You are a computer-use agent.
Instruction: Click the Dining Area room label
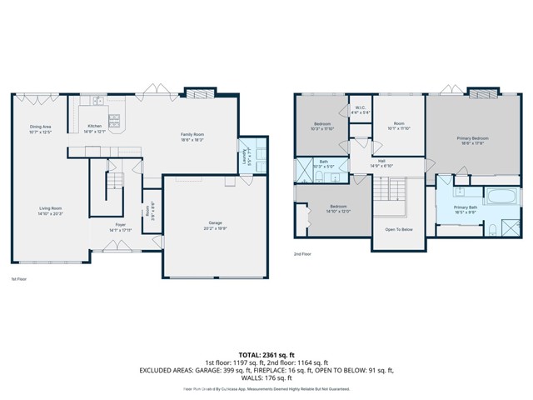(x=41, y=129)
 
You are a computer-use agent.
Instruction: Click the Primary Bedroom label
(x=472, y=140)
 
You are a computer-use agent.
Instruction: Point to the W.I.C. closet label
(x=360, y=109)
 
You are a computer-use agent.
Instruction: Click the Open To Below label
(x=399, y=229)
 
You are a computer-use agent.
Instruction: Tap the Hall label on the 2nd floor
(x=381, y=162)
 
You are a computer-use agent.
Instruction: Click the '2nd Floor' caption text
(x=302, y=254)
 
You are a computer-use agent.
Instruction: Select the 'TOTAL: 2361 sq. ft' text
(x=266, y=355)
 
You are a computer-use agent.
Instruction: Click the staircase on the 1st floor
(x=109, y=184)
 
